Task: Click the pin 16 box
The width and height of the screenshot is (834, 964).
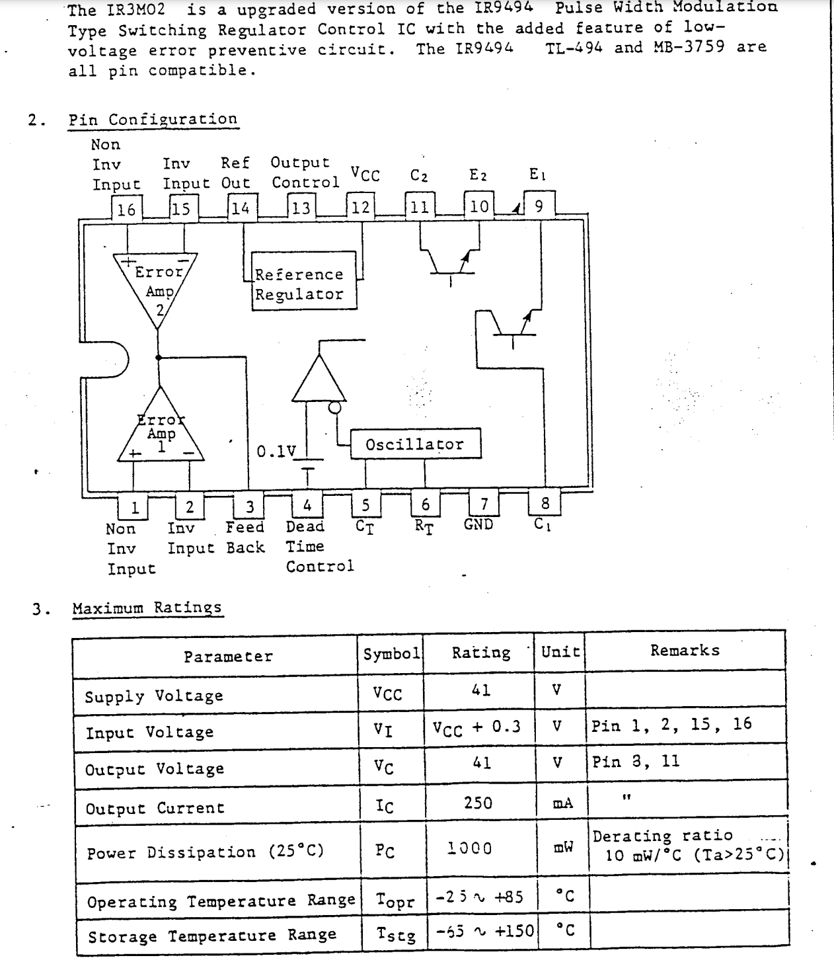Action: click(126, 209)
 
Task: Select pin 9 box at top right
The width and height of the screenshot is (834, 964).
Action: click(539, 206)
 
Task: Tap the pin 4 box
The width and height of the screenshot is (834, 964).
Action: click(307, 506)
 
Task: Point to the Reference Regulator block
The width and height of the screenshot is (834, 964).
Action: click(299, 284)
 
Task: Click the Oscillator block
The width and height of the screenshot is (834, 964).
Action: click(415, 444)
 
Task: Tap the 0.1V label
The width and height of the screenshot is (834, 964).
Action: click(276, 452)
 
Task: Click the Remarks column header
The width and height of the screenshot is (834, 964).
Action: click(685, 651)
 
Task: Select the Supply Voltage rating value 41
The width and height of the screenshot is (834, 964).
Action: click(480, 690)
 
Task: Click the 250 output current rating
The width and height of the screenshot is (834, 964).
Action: click(478, 803)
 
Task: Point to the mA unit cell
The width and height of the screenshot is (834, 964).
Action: click(562, 803)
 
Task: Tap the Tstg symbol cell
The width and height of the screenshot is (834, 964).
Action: click(396, 935)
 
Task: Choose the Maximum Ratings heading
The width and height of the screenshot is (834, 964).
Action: click(147, 608)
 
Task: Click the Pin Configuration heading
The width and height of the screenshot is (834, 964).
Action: click(153, 120)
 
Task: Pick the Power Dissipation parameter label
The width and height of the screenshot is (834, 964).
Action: click(206, 852)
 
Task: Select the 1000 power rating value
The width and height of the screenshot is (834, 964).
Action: click(470, 848)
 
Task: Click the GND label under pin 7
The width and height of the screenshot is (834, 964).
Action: click(478, 524)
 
